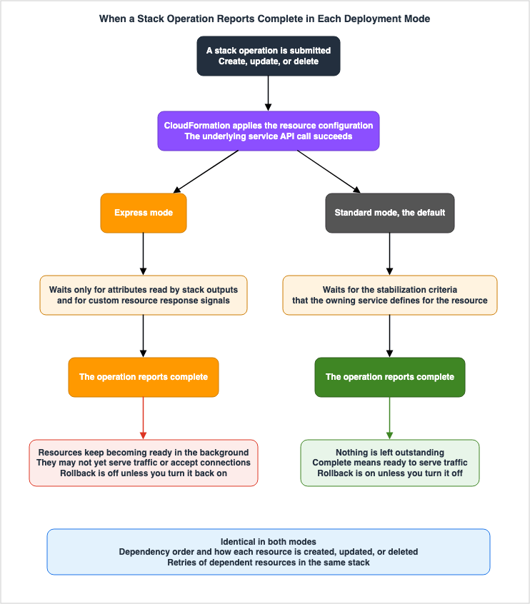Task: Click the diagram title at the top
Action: [264, 19]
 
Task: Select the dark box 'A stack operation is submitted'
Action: [269, 56]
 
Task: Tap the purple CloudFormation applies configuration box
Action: [269, 131]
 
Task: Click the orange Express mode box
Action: [144, 213]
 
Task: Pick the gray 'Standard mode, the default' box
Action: [390, 213]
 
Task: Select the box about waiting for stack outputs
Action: [144, 295]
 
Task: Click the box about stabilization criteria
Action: [390, 295]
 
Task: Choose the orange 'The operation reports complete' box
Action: [144, 377]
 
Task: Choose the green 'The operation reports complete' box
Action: [390, 377]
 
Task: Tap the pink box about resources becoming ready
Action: [144, 463]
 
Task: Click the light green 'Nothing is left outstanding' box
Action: [390, 463]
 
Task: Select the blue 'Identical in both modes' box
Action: [269, 552]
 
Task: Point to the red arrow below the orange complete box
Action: [144, 418]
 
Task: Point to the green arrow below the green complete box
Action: [390, 418]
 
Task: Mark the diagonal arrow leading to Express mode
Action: [206, 171]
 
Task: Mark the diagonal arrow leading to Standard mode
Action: [329, 171]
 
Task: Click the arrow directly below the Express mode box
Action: [144, 254]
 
